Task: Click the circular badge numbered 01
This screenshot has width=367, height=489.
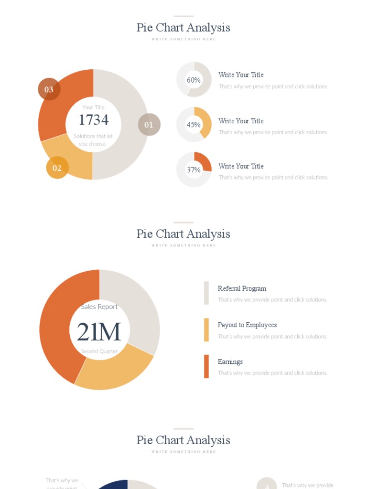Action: click(x=149, y=125)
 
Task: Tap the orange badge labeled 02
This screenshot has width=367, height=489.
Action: click(x=57, y=168)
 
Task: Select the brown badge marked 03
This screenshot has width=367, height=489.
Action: click(x=49, y=89)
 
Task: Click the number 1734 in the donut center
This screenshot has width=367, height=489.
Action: click(x=93, y=120)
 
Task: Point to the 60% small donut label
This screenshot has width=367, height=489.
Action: click(x=194, y=80)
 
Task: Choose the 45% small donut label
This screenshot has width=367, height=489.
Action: click(x=194, y=125)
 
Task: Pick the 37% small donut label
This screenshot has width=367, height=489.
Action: click(x=194, y=170)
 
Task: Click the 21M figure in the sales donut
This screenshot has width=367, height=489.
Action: click(x=99, y=332)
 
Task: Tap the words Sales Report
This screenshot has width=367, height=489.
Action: click(x=99, y=307)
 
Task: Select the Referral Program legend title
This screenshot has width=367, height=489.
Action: click(x=242, y=288)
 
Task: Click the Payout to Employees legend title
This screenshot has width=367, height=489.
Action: click(x=247, y=325)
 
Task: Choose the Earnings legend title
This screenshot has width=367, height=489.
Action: click(x=230, y=361)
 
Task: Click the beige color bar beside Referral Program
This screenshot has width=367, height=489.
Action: click(x=206, y=293)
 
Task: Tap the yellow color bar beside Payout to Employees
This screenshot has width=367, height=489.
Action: click(x=206, y=330)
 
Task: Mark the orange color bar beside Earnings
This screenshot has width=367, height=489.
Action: click(x=206, y=366)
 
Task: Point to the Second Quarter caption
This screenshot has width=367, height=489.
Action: click(x=99, y=351)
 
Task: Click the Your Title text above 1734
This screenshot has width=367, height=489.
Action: click(x=93, y=107)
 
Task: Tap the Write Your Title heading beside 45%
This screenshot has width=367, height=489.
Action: click(x=241, y=121)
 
